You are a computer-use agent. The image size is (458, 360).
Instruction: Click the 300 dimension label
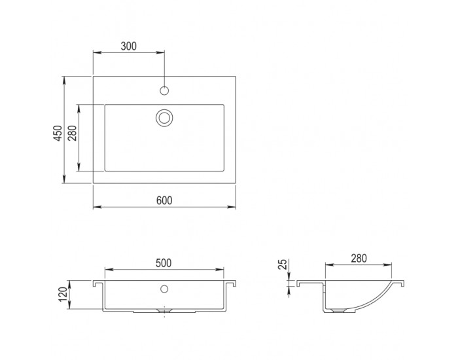[x=128, y=46]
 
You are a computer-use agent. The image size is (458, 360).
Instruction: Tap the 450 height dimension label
[x=59, y=133]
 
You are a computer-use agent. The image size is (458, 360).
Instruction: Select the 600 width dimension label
[x=164, y=200]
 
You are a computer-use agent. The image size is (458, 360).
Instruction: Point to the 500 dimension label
[x=164, y=263]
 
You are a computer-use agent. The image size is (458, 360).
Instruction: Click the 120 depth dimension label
[x=63, y=295]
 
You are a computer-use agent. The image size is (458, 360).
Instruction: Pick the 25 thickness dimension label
[x=283, y=264]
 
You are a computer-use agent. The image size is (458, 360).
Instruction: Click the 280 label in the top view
[x=73, y=133]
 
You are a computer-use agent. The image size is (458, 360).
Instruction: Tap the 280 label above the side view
[x=359, y=259]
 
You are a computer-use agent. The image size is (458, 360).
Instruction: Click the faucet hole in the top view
[x=164, y=90]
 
